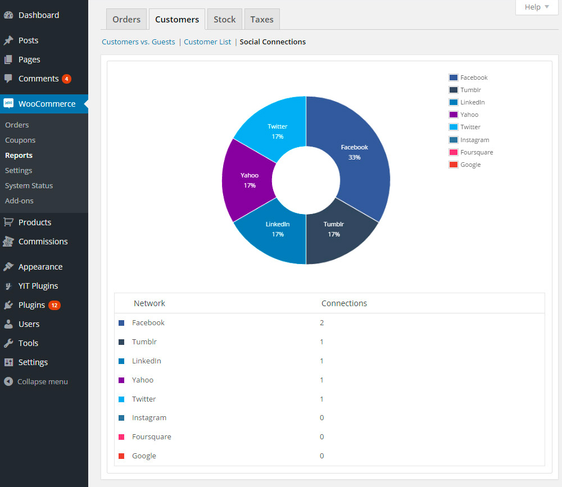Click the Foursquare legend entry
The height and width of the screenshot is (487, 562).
tap(476, 152)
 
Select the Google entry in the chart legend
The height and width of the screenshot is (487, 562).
tap(470, 165)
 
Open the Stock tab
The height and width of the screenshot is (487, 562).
tap(225, 19)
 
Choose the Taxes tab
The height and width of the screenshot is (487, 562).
tap(262, 19)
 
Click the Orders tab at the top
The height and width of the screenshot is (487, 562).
tap(126, 19)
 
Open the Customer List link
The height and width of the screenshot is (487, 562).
tap(207, 42)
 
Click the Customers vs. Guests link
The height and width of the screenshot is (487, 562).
tap(138, 42)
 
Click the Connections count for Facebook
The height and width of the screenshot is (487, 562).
tap(322, 323)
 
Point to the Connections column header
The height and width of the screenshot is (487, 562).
tap(344, 303)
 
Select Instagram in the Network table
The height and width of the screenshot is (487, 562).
tap(149, 418)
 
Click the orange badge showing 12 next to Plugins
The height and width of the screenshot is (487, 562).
tap(55, 305)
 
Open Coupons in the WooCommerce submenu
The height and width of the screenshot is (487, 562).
tap(20, 140)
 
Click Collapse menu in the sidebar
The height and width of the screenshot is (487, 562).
tap(42, 381)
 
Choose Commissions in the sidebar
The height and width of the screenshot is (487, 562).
tap(43, 242)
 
